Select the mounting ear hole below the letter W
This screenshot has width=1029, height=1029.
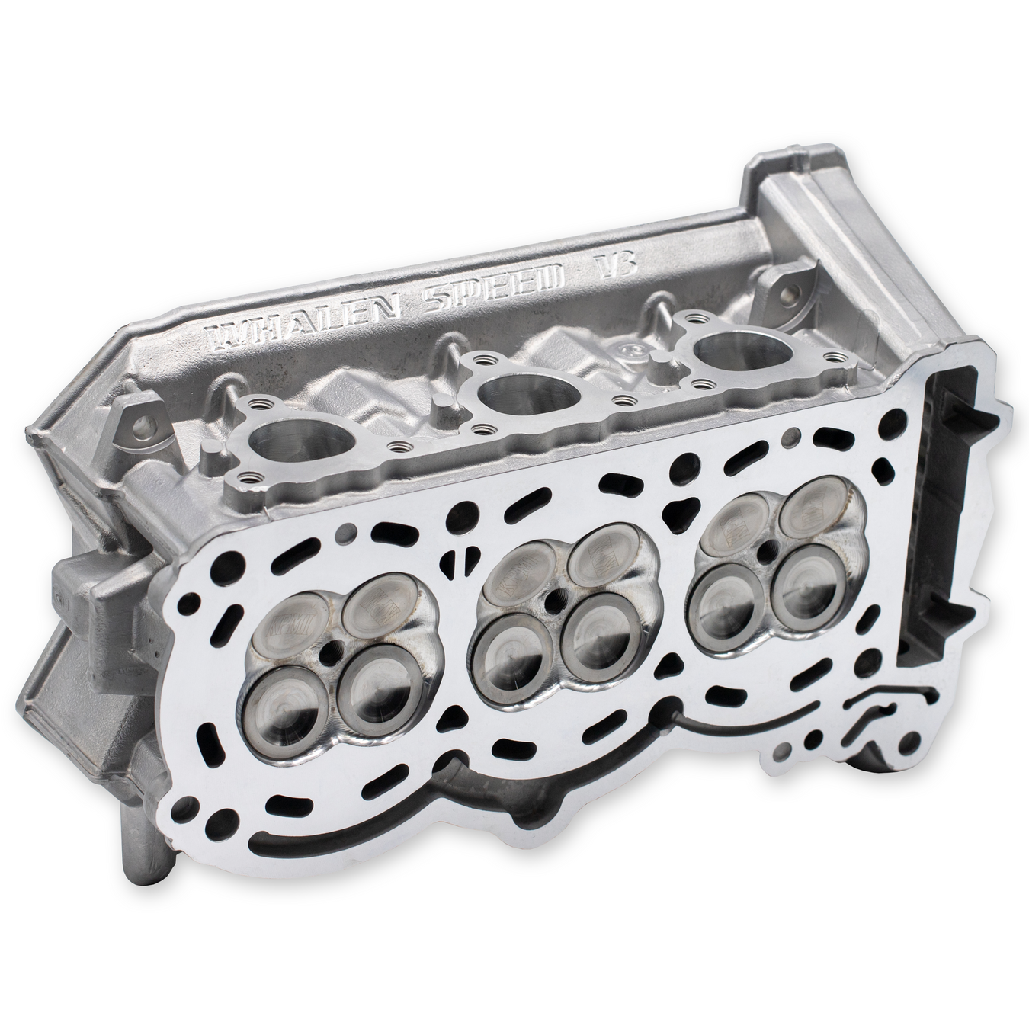(x=134, y=417)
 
